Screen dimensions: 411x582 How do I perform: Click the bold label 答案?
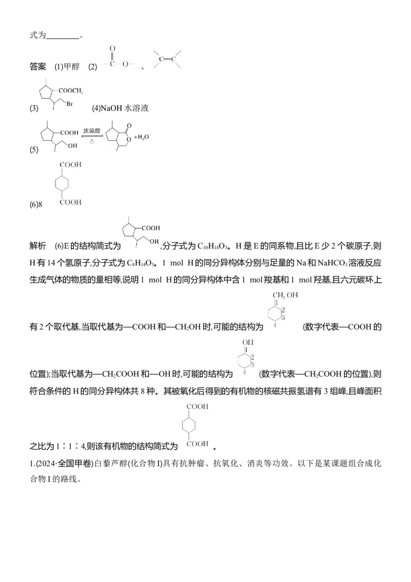coord(38,66)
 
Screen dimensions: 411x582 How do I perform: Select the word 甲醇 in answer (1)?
coord(71,66)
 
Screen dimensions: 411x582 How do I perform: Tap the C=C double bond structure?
coord(167,59)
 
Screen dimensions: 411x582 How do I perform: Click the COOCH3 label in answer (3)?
coord(71,90)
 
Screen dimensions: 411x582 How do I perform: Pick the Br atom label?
coord(70,104)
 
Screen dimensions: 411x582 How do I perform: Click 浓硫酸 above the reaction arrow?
coord(91,131)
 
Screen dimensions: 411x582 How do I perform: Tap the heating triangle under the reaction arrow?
coord(92,141)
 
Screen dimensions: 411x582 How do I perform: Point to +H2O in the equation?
coord(141,137)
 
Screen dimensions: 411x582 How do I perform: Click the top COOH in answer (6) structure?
coord(70,165)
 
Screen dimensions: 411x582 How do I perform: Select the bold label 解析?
coord(38,246)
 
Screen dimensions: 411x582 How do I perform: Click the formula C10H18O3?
coord(212,246)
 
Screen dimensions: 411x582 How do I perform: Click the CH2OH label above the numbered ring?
coord(285,295)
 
